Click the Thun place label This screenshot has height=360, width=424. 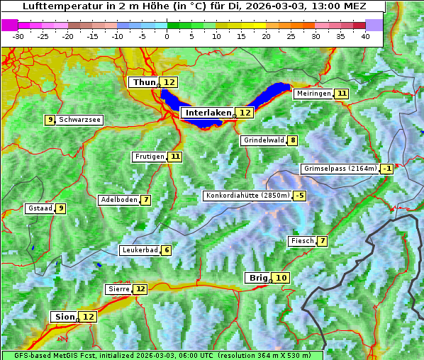pos(144,82)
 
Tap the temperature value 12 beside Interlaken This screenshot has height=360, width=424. pos(245,113)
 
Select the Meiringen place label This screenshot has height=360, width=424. pos(313,94)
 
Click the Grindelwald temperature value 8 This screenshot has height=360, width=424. pos(293,140)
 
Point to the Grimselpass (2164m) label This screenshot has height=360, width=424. pos(340,169)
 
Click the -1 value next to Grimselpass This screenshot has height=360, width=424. pos(386,169)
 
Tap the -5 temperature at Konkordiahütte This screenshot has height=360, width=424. pos(300,196)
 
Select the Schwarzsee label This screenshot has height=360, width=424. pos(79,120)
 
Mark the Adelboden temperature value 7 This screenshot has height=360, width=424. pos(146,200)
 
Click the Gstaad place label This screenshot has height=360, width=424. pos(40,208)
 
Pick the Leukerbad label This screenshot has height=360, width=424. pos(139,250)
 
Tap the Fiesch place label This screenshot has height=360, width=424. pos(302,241)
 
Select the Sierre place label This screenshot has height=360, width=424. pos(118,289)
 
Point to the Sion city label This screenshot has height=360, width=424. pos(63,317)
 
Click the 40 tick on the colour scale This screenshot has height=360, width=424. pos(365,35)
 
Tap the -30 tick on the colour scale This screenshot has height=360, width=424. pos(18,35)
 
